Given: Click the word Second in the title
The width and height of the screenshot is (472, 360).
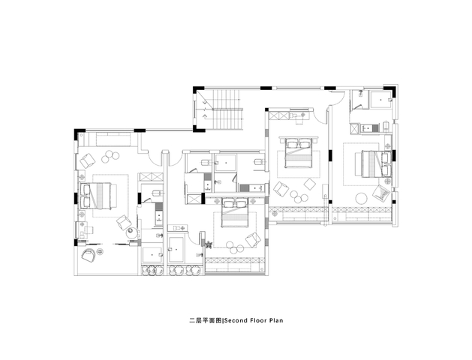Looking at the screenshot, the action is [x=236, y=320].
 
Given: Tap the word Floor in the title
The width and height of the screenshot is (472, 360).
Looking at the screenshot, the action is [x=258, y=320].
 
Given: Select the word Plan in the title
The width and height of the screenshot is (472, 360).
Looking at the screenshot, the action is [x=276, y=320].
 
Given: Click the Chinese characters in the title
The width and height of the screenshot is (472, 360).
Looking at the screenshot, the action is [x=206, y=320].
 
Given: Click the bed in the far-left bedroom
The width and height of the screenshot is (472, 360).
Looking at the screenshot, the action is [x=98, y=196].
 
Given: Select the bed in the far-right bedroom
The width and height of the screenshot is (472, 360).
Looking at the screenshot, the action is [x=376, y=164].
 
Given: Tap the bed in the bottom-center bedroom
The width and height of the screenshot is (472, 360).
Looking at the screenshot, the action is [x=235, y=212].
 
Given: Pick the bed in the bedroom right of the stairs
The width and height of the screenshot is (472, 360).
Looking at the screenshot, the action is [x=299, y=152].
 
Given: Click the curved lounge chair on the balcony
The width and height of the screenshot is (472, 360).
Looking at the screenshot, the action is [x=89, y=255].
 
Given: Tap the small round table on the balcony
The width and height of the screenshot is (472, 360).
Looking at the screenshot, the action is [x=101, y=250].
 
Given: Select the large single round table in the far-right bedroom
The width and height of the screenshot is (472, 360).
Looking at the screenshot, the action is [x=361, y=199].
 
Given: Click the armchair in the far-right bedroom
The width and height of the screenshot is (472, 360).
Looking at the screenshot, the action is [x=381, y=193].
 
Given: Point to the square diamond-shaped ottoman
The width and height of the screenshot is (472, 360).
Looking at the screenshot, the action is [x=310, y=184].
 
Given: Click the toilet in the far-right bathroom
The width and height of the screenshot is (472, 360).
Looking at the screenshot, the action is [x=386, y=126].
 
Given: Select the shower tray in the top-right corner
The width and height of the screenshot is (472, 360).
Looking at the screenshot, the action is [x=381, y=100].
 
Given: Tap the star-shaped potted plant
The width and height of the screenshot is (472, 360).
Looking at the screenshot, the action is [x=208, y=244].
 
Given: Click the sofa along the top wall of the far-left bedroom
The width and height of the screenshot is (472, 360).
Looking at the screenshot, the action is [x=113, y=139].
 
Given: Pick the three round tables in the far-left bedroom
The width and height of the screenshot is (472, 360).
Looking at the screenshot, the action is [x=110, y=157].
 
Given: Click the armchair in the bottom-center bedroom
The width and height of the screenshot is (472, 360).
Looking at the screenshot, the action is [x=254, y=240].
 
